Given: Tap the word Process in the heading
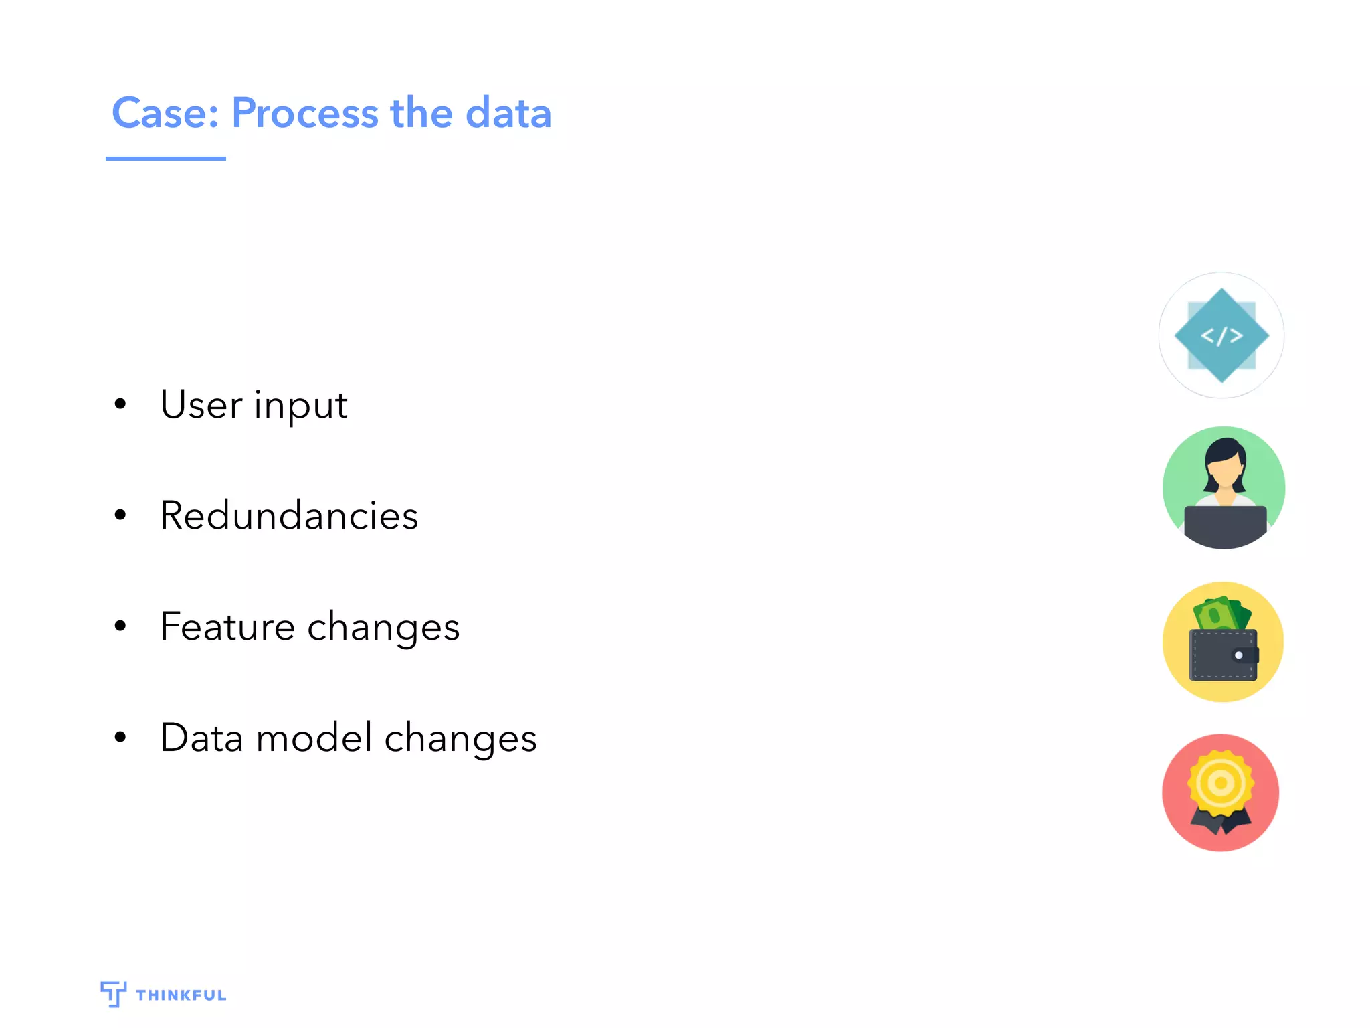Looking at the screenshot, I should click(305, 113).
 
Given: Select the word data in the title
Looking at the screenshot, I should click(508, 113).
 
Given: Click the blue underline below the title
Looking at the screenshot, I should click(165, 159).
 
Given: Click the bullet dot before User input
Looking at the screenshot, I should click(120, 404).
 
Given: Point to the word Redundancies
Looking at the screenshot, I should click(289, 515).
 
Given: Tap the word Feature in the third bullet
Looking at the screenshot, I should click(227, 627).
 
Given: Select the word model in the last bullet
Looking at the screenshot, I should click(314, 738).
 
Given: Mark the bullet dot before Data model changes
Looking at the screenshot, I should click(120, 738).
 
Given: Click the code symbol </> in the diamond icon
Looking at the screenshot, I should click(1221, 335).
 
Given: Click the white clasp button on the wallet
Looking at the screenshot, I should click(1238, 655).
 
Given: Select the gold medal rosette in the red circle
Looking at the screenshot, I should click(1221, 783).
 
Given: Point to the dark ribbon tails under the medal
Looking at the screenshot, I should click(1221, 822).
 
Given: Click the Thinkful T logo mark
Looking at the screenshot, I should click(113, 994).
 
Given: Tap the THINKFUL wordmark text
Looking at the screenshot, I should click(181, 995).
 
